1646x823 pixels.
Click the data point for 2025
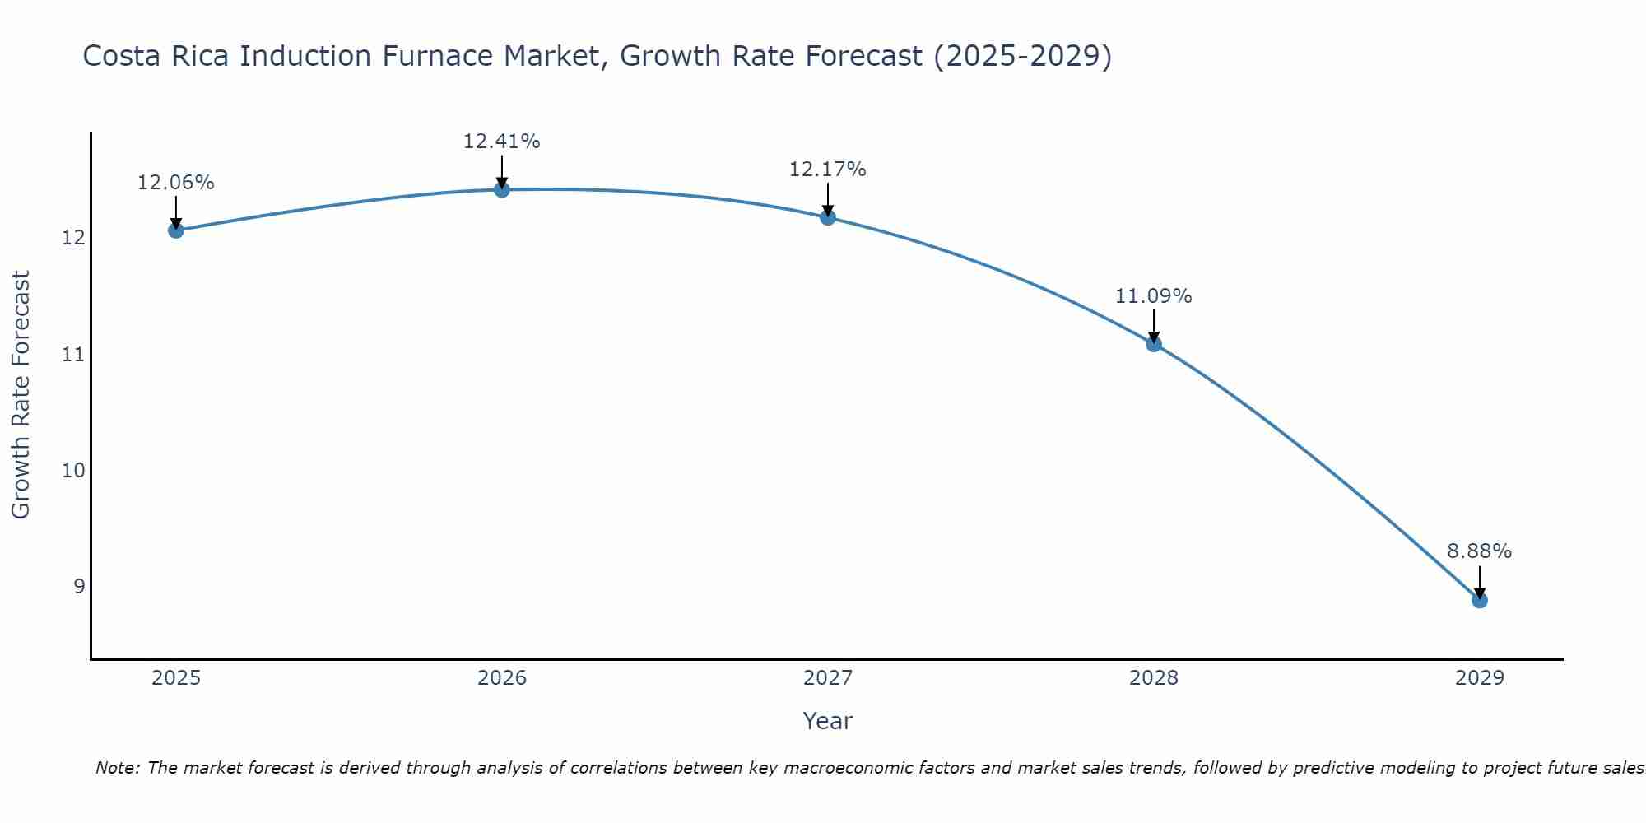coord(176,230)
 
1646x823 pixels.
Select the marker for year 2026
coord(502,190)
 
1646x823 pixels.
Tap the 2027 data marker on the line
coord(828,217)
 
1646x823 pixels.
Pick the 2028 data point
coord(1154,344)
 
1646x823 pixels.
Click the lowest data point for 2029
coord(1480,600)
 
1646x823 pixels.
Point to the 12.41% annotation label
coord(502,142)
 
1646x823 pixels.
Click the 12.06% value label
coord(176,183)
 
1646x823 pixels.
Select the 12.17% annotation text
coord(828,170)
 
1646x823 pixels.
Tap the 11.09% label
coord(1154,296)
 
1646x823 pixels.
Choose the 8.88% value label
coord(1480,551)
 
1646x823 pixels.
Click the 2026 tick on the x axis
coord(502,678)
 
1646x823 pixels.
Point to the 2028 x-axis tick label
coord(1154,678)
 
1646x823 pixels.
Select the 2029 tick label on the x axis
coord(1480,678)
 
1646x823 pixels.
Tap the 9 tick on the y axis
coord(79,587)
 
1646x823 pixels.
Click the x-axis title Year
coord(828,721)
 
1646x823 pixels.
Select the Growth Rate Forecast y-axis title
coord(21,395)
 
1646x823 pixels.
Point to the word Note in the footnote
coord(119,769)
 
